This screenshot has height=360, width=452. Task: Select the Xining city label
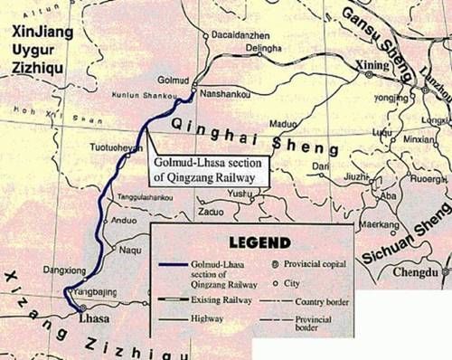374,67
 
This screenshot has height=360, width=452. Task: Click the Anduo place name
124,218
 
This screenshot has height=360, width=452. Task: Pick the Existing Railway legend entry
208,297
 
